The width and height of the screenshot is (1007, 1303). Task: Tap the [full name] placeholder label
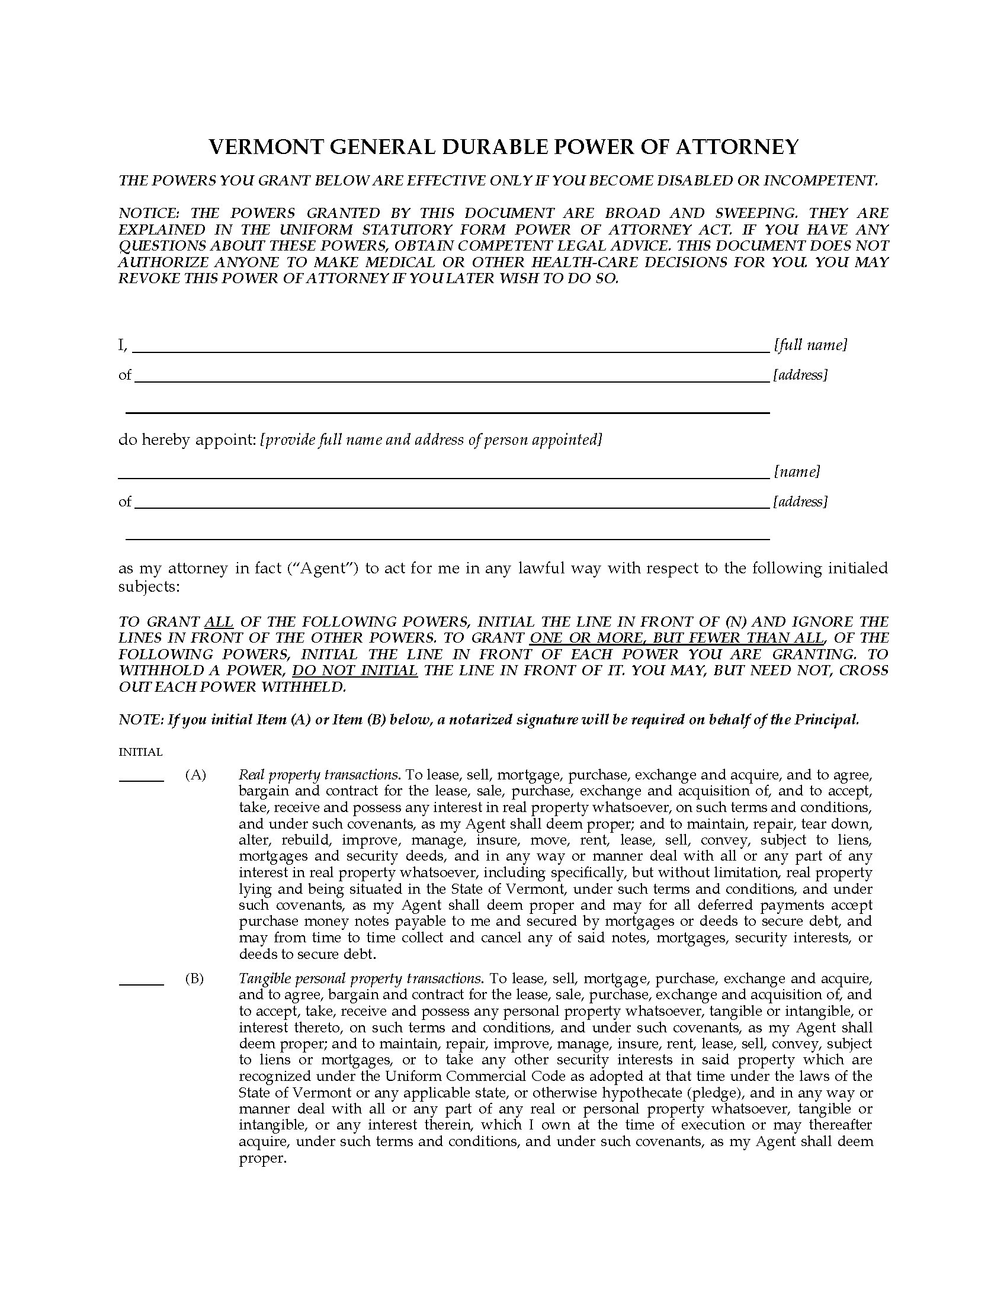point(810,345)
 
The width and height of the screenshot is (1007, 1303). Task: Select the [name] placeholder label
point(797,471)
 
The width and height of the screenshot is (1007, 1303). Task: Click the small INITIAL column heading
point(140,752)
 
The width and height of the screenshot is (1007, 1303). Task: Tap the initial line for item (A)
point(142,780)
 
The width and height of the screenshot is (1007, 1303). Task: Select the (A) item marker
point(195,775)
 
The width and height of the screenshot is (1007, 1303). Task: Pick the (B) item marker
point(195,978)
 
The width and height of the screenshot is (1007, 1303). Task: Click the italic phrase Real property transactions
point(319,775)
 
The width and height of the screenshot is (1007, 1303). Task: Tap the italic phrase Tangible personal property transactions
point(360,978)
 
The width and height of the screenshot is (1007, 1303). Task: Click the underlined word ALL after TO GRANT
point(219,622)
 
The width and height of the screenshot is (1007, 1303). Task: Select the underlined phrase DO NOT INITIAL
point(354,670)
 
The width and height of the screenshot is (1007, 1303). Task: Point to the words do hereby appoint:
point(187,439)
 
